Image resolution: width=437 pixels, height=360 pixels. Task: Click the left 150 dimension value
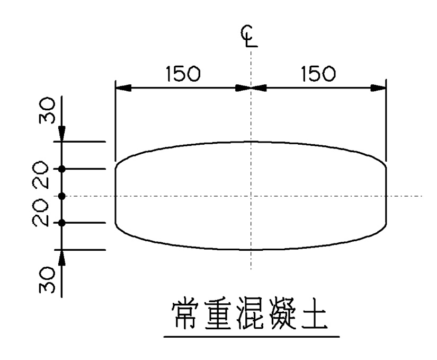pyautogui.click(x=183, y=74)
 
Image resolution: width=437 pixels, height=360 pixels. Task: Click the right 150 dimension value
pyautogui.click(x=318, y=74)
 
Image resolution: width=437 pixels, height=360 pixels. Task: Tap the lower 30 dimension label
pyautogui.click(x=48, y=280)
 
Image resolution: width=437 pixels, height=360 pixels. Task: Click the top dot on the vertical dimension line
pyautogui.click(x=62, y=169)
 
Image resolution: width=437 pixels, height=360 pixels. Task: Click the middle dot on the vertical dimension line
pyautogui.click(x=62, y=196)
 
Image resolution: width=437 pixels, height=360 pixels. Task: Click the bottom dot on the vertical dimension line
pyautogui.click(x=62, y=223)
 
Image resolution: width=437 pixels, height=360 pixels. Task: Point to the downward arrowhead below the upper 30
pyautogui.click(x=62, y=135)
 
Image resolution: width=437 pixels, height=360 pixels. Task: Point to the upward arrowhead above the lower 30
pyautogui.click(x=62, y=257)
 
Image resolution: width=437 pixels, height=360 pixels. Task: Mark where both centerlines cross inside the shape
pyautogui.click(x=250, y=196)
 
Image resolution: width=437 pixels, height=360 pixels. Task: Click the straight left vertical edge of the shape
pyautogui.click(x=116, y=196)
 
